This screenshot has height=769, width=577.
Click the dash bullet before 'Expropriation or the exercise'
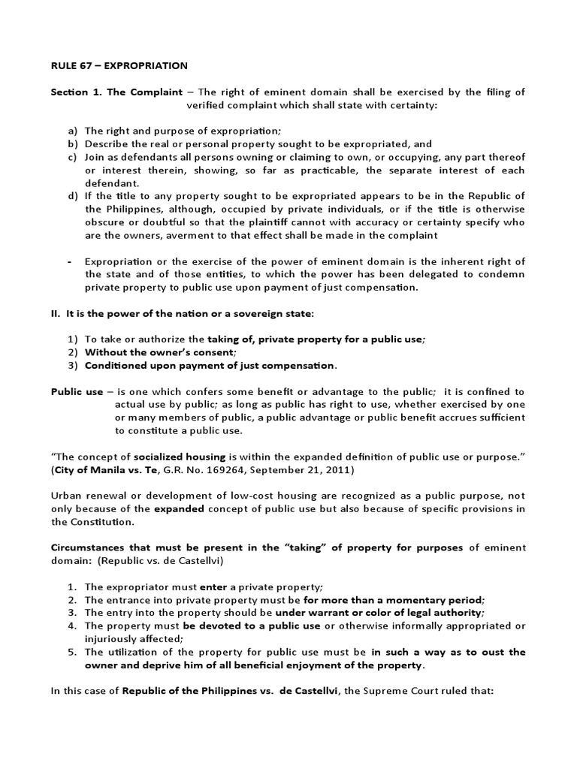[x=69, y=261]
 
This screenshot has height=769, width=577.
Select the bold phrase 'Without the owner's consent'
[x=160, y=352]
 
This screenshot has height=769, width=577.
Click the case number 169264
[x=234, y=470]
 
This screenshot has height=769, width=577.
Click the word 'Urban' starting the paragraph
[x=66, y=496]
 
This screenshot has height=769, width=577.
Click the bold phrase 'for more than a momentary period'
[x=394, y=600]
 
